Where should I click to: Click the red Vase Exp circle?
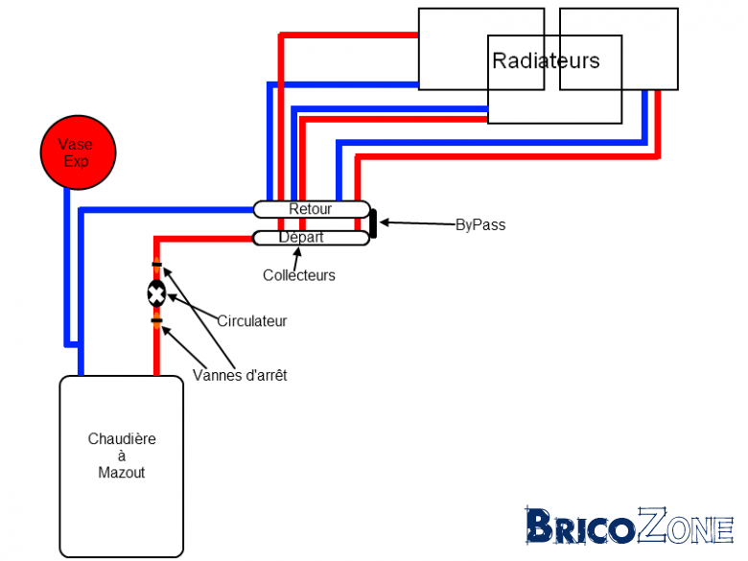coord(79,152)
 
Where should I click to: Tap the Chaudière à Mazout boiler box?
coord(122,467)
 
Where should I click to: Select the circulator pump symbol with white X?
coord(156,294)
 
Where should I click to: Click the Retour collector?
coord(312,209)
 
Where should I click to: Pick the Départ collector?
coord(311,238)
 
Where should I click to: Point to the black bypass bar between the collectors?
coord(374,223)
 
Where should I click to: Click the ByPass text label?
coord(480,224)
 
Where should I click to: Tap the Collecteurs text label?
coord(299,275)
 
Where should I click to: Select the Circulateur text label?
coord(252,321)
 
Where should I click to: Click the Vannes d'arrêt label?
coord(240,375)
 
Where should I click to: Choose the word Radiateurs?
coord(546,60)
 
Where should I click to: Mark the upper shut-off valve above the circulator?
coord(157,265)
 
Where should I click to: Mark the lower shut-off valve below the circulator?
coord(157,320)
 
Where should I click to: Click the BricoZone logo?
coord(629,526)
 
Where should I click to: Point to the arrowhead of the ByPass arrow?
coord(380,222)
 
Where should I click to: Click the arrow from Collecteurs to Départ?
coord(297,259)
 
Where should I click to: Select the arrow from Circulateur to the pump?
coord(192,306)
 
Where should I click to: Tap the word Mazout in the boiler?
coord(122,473)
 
